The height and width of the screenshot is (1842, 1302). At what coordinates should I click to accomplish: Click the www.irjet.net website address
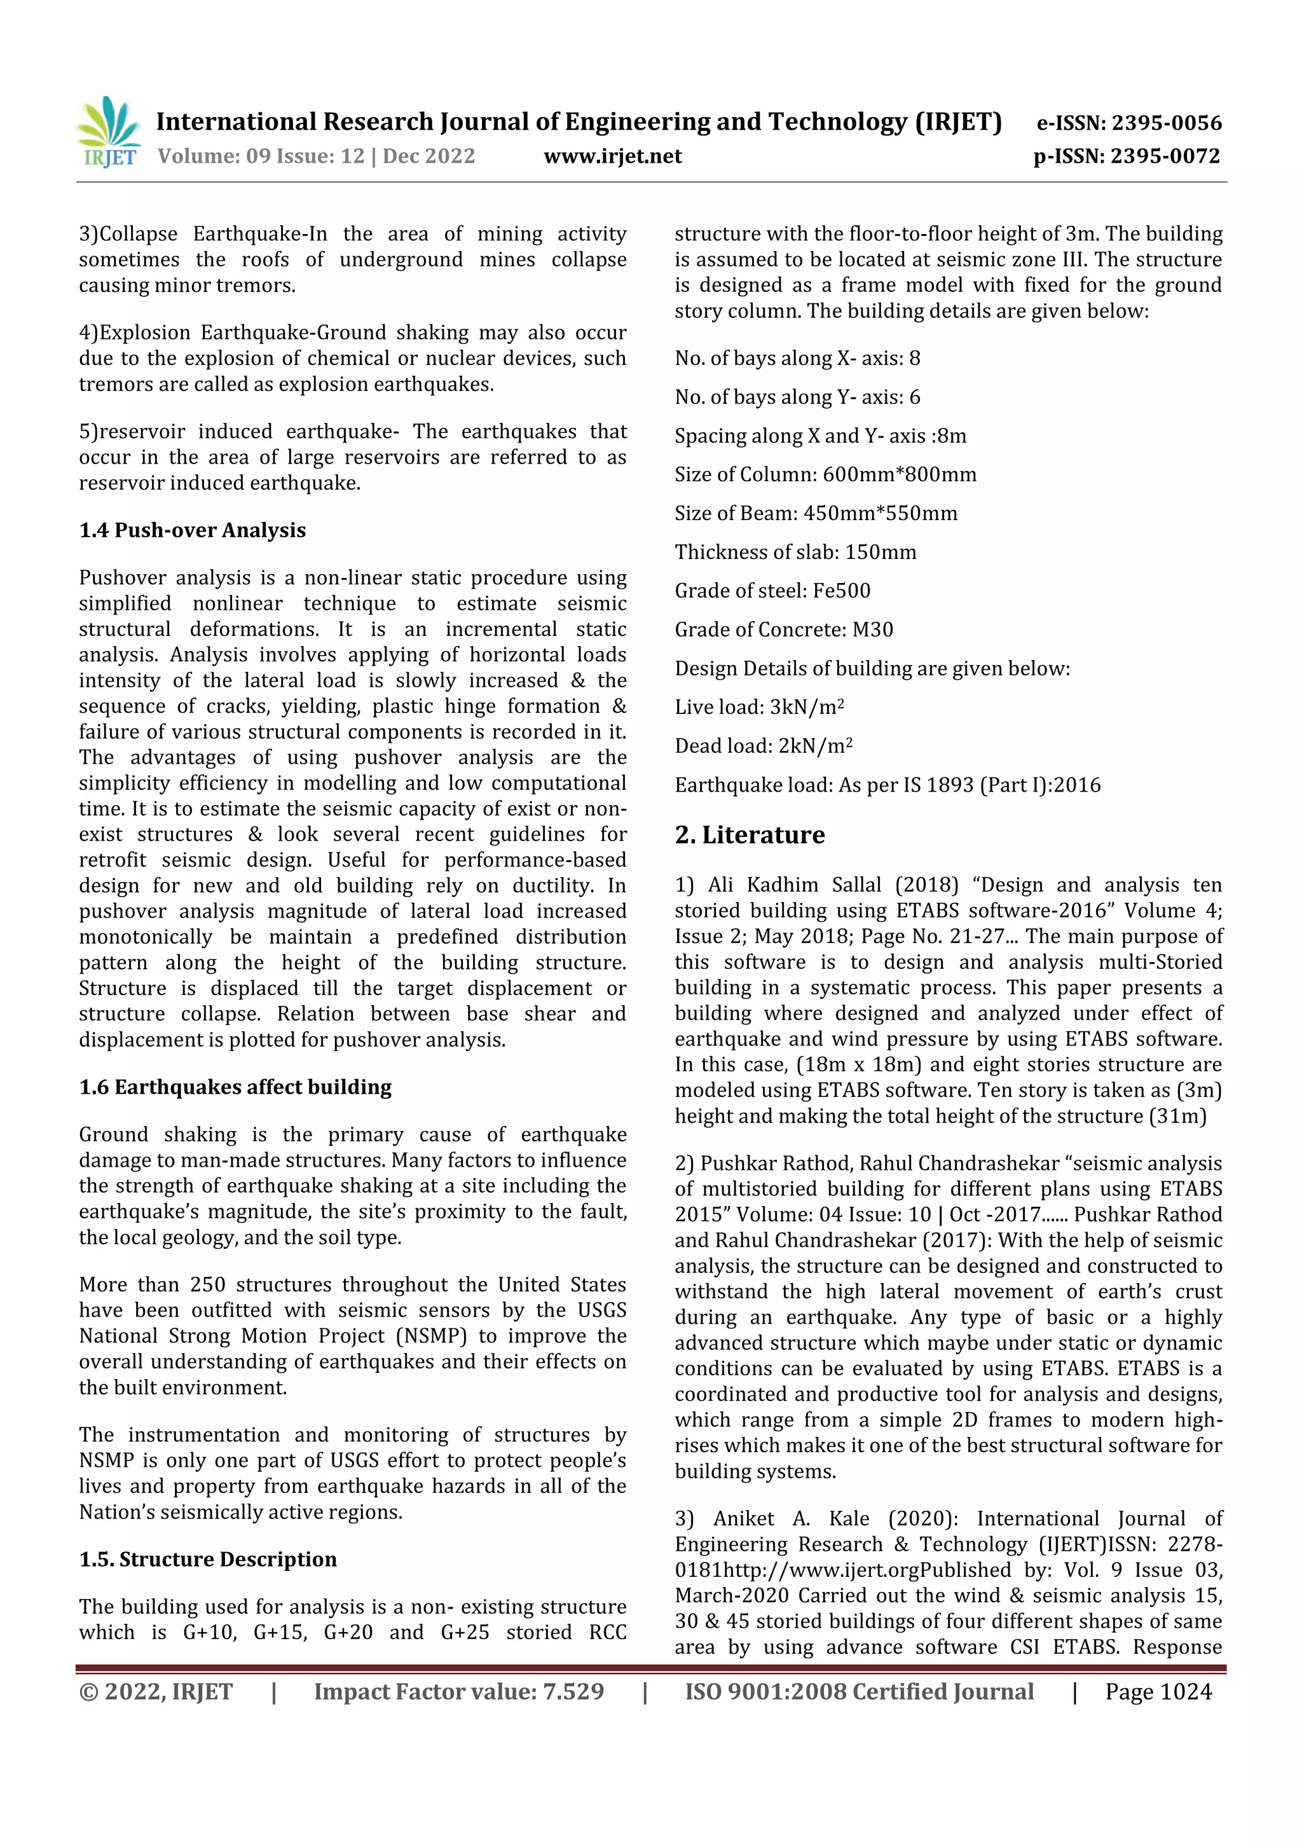pyautogui.click(x=612, y=156)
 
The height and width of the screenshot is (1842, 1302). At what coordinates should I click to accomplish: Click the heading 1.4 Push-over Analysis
pyautogui.click(x=193, y=530)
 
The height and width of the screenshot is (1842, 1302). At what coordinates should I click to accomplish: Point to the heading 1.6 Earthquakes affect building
pyautogui.click(x=235, y=1087)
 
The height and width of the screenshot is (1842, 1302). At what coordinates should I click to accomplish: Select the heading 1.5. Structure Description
pyautogui.click(x=208, y=1559)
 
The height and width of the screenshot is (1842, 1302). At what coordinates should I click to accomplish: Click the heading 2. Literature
pyautogui.click(x=750, y=834)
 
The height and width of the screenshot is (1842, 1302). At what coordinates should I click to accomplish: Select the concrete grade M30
pyautogui.click(x=872, y=629)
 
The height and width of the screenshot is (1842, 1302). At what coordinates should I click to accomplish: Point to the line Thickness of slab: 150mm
pyautogui.click(x=795, y=552)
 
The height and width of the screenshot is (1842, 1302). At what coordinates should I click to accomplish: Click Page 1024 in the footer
pyautogui.click(x=1158, y=1691)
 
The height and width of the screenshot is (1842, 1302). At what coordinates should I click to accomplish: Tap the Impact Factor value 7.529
pyautogui.click(x=573, y=1691)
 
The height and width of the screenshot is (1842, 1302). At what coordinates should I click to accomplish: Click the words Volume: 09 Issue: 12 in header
pyautogui.click(x=261, y=156)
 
